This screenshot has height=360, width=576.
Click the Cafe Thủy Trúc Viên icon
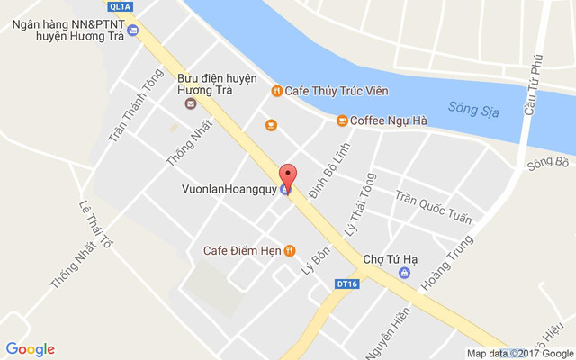pyautogui.click(x=277, y=90)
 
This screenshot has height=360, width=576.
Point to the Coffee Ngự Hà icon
pyautogui.click(x=342, y=121)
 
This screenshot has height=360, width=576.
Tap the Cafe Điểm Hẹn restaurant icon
pyautogui.click(x=289, y=250)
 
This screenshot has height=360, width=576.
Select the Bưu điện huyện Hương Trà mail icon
pyautogui.click(x=191, y=103)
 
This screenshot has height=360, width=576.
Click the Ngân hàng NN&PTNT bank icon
pyautogui.click(x=133, y=31)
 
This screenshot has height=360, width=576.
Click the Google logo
pyautogui.click(x=31, y=349)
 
